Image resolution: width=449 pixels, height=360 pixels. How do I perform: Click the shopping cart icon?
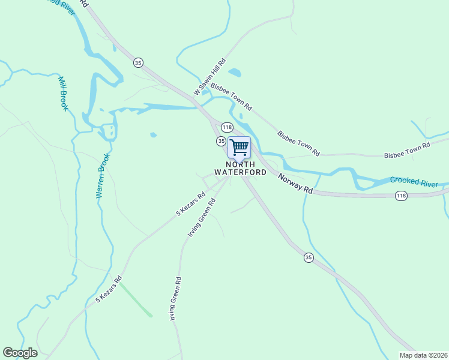point(239,146)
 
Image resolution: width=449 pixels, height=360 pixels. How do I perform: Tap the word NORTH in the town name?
point(240,164)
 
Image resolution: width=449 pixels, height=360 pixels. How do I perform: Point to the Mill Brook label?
point(63,93)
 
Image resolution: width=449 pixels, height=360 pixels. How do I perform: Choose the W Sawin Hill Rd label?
point(209,77)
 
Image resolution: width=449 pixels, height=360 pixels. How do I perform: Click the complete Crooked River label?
point(414,182)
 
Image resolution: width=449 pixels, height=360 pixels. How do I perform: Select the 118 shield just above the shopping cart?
point(227,127)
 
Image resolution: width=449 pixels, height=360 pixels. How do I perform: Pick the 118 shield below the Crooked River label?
point(402,196)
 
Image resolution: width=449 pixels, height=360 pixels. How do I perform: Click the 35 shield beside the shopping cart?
point(221,140)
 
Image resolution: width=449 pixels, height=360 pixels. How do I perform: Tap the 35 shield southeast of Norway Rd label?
point(309,257)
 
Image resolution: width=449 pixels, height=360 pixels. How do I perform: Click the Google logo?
point(20,353)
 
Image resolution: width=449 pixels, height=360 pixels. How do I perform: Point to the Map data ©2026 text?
point(423,355)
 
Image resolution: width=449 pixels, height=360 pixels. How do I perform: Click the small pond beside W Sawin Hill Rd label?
point(235,73)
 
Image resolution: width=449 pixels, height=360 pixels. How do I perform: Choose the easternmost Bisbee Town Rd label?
point(408,150)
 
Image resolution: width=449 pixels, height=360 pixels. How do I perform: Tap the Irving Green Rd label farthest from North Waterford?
point(174,298)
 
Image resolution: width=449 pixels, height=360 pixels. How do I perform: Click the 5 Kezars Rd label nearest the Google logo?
point(109,289)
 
